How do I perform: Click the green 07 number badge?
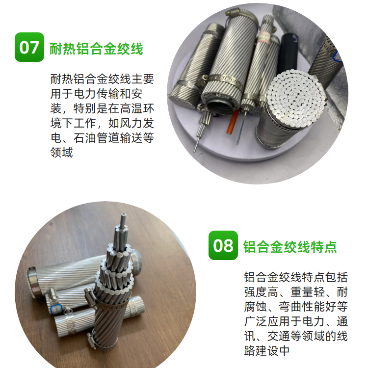point(29,47)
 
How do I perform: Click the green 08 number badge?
point(223,245)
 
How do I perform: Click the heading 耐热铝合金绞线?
point(96,49)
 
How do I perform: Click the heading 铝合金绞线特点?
point(290,247)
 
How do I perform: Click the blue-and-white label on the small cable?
point(56,309)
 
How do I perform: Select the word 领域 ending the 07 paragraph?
point(62,152)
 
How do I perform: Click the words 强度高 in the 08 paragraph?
point(261,292)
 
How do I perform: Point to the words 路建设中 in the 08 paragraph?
point(267,351)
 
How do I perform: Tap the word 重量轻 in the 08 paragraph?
point(308,292)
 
